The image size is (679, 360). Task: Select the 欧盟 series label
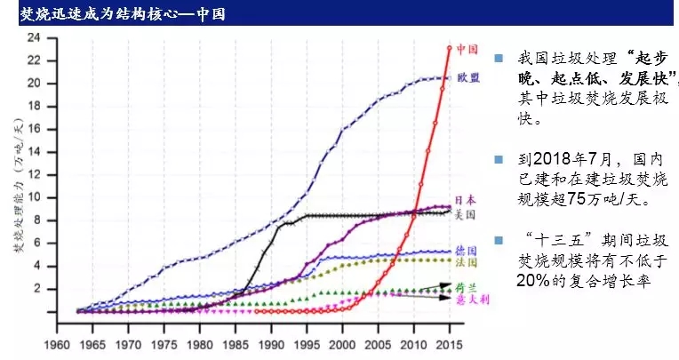click(x=468, y=78)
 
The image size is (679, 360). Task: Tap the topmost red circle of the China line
click(x=450, y=48)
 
